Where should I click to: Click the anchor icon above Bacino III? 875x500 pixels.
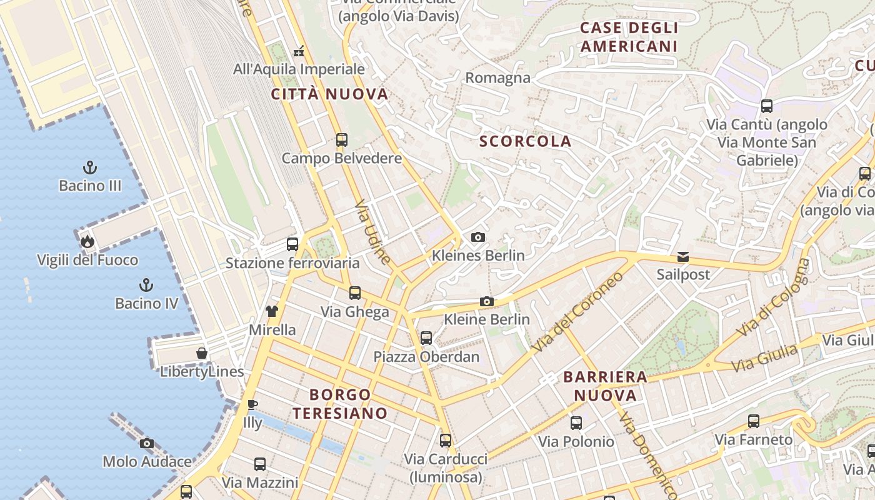(91, 167)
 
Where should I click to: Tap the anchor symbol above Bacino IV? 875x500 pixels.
(146, 286)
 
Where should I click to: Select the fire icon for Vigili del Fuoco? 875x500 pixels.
(87, 241)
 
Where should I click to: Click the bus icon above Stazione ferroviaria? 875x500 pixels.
(292, 244)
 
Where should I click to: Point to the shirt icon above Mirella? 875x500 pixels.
(271, 311)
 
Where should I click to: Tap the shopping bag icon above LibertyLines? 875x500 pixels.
(202, 353)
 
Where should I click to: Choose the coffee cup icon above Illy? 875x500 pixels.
(252, 404)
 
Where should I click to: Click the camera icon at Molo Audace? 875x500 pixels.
(147, 443)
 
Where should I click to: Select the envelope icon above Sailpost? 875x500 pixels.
(682, 257)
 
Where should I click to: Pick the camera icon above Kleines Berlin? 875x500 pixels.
(478, 237)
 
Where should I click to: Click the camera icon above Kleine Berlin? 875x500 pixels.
(486, 301)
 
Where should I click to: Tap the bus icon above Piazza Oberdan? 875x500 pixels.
(426, 338)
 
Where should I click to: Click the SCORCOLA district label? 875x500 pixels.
(525, 141)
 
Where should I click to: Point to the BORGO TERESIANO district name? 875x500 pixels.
(341, 404)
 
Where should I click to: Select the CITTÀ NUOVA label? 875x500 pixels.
(330, 94)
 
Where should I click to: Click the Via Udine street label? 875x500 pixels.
(373, 232)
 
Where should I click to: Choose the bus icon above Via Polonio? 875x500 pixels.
(576, 423)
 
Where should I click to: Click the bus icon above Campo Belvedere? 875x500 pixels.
(341, 140)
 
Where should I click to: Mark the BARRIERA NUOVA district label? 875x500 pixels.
(605, 386)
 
